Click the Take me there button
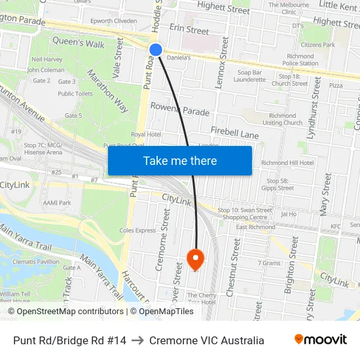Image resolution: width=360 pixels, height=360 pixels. [180, 161]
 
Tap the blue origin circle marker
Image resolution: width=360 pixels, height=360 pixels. [155, 49]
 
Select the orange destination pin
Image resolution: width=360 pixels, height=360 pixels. [195, 259]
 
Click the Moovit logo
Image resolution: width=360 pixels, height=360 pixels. [320, 340]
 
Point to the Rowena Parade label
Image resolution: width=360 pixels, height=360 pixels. [180, 109]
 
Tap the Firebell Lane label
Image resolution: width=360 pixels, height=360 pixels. [234, 134]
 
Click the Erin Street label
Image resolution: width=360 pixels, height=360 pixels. [189, 30]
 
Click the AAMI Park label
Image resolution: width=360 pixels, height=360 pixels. [56, 203]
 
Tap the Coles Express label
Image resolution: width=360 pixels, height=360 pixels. [137, 230]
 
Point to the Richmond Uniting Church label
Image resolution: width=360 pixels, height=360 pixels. [283, 118]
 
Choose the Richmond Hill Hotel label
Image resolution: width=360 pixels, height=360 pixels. [287, 163]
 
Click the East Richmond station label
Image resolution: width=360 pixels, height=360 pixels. [255, 227]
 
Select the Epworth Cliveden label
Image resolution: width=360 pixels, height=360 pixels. [113, 20]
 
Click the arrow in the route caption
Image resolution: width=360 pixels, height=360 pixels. [137, 340]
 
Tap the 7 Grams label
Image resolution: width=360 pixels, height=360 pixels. [269, 263]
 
